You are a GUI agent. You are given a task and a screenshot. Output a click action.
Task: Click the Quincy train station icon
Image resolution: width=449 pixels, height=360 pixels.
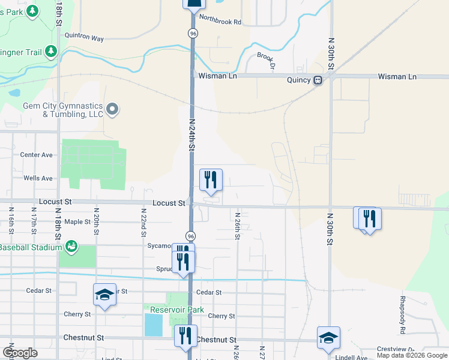click(x=317, y=80)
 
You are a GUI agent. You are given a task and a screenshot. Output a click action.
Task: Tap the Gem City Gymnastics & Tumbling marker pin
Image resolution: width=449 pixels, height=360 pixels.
click(x=112, y=109)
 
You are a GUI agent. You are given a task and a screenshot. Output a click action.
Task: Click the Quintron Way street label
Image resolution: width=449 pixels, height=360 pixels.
click(x=84, y=38)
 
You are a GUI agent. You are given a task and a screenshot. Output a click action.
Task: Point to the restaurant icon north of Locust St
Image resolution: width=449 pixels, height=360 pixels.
click(x=211, y=179)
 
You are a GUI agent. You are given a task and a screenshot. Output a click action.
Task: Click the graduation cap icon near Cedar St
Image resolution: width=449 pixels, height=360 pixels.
click(x=104, y=295)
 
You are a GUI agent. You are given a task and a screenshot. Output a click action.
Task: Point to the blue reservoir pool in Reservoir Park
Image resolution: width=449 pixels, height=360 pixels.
click(x=154, y=325)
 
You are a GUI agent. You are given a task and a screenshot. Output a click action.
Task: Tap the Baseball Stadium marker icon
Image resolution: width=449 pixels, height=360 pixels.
click(x=71, y=246)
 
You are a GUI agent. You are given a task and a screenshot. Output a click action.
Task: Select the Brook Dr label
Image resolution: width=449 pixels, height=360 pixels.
click(x=265, y=61)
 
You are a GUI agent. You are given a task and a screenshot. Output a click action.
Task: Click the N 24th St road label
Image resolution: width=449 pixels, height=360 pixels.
click(x=193, y=135)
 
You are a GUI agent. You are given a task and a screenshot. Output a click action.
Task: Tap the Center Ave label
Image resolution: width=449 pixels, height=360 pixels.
click(x=37, y=154)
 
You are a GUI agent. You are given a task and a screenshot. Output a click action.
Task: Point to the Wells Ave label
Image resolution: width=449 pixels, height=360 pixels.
click(x=38, y=178)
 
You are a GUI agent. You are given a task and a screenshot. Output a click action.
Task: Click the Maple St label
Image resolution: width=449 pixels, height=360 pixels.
click(x=77, y=222)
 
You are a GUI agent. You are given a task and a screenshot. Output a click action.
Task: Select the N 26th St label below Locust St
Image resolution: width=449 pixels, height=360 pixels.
click(x=238, y=226)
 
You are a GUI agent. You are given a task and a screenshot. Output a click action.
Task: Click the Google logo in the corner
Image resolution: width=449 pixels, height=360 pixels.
click(x=20, y=353)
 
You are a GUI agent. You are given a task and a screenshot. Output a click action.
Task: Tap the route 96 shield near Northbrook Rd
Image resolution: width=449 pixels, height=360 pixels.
click(x=192, y=34)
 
